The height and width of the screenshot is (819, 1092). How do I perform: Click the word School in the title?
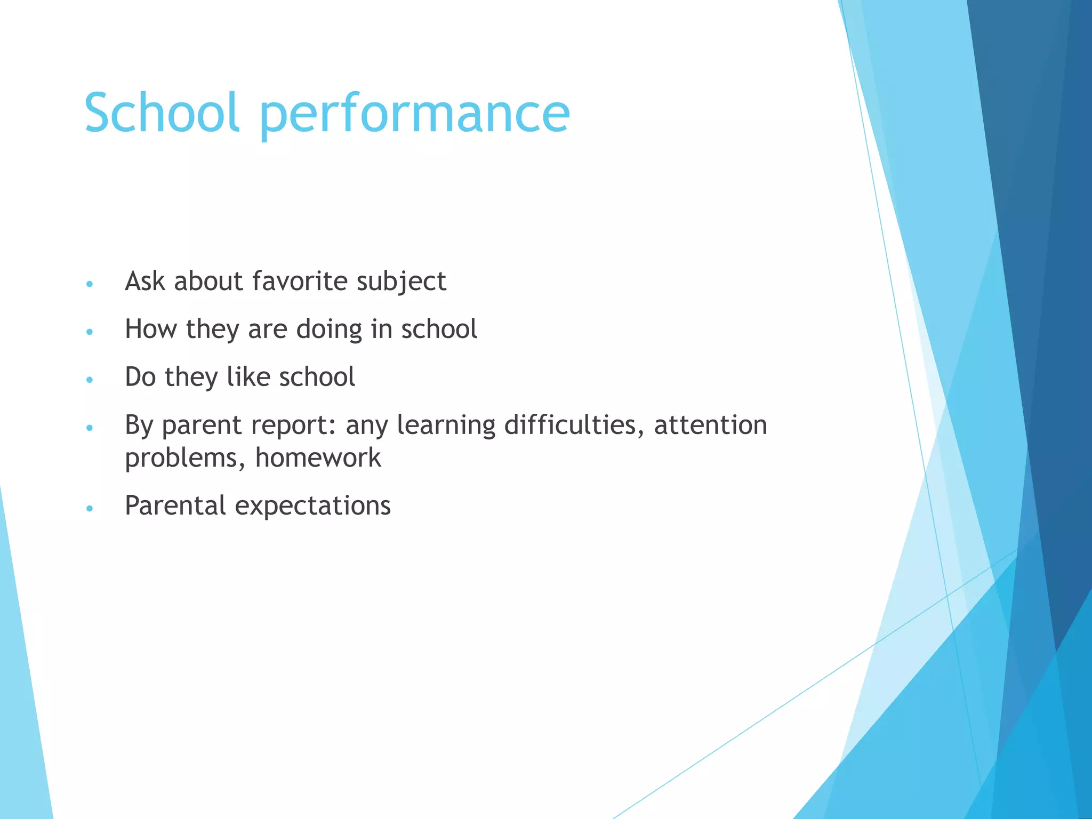coord(161,113)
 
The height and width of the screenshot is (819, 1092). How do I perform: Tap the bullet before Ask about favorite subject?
coord(90,284)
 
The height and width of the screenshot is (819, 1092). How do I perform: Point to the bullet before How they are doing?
coord(90,332)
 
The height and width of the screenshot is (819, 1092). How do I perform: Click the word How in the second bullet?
coord(151,329)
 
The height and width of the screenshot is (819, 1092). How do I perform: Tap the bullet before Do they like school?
coord(90,380)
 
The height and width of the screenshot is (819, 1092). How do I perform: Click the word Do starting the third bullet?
coord(140,377)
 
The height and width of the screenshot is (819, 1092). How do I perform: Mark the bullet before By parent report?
coord(90,428)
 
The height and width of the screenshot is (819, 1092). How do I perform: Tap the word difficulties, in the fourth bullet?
coord(574,425)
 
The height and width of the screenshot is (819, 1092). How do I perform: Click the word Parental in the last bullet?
coord(175,505)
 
